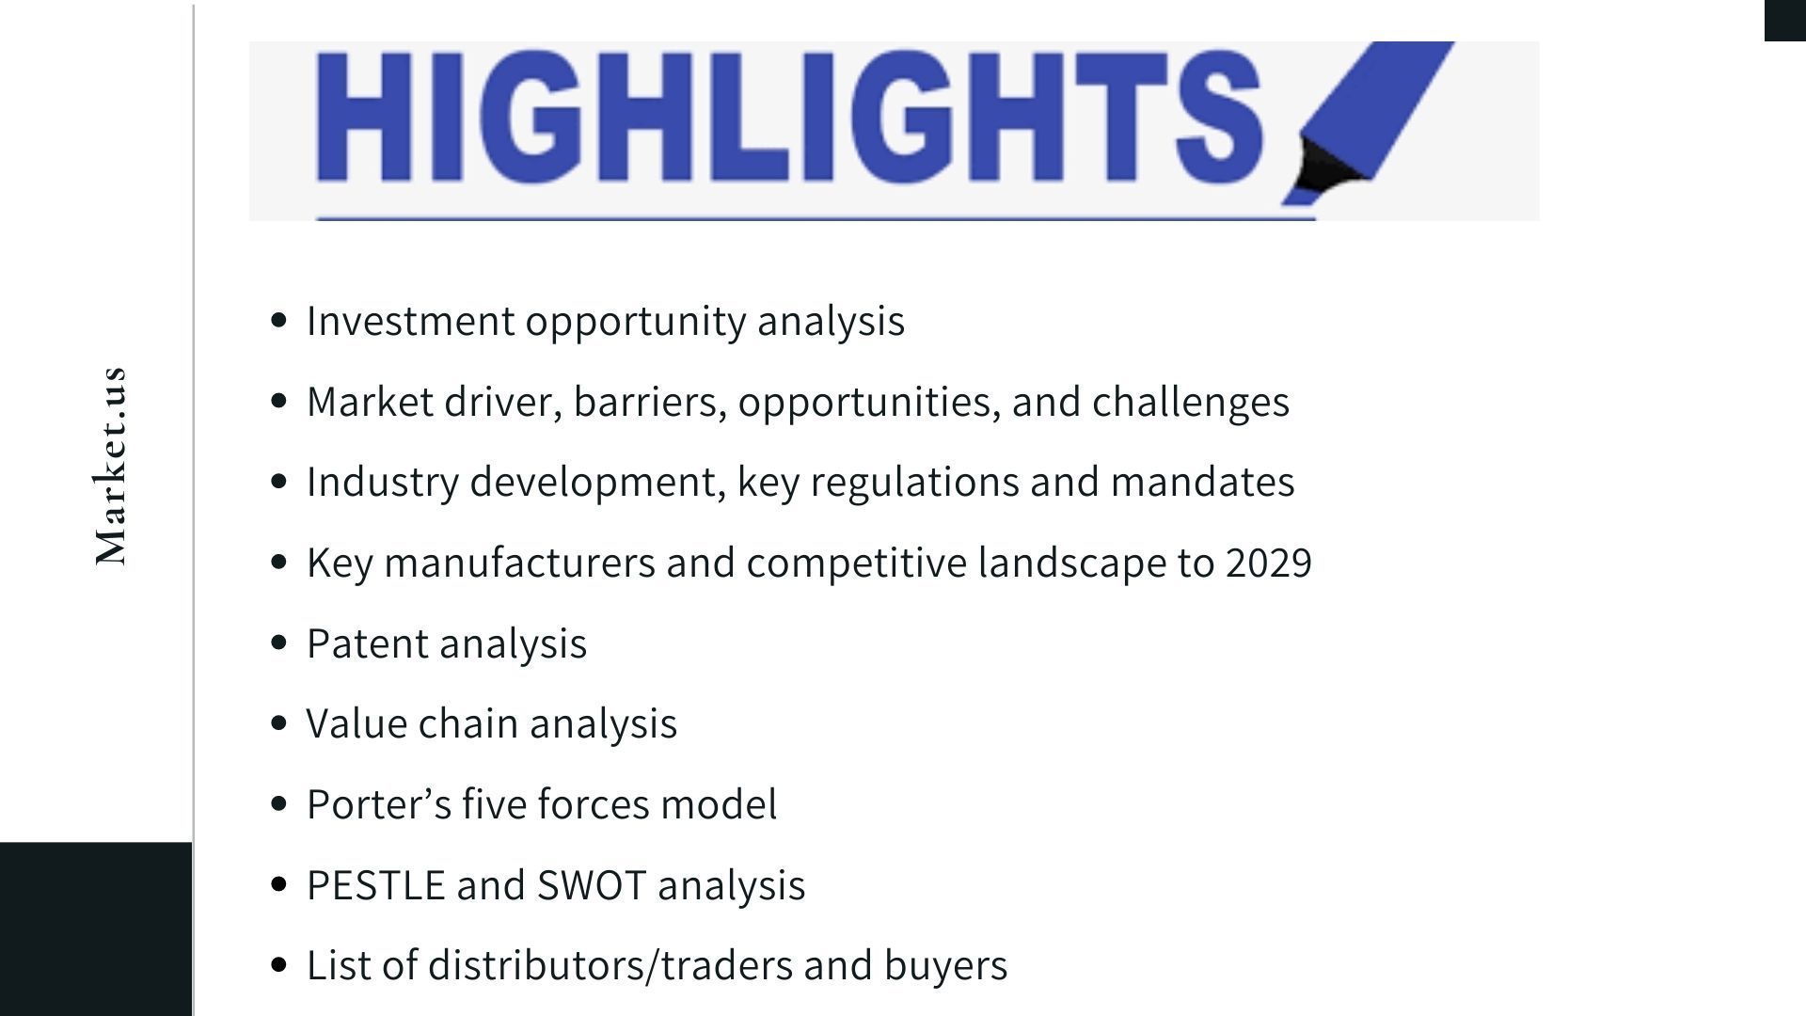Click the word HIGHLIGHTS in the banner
(788, 117)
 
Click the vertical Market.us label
(111, 467)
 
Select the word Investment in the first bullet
(410, 321)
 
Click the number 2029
(1269, 563)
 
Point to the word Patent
(368, 643)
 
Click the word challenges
(1191, 403)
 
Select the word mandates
(1203, 482)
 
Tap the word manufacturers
(520, 563)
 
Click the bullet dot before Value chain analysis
(278, 723)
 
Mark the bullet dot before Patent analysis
(278, 643)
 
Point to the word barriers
(650, 403)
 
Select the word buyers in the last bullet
(945, 966)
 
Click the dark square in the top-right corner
(1785, 21)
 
